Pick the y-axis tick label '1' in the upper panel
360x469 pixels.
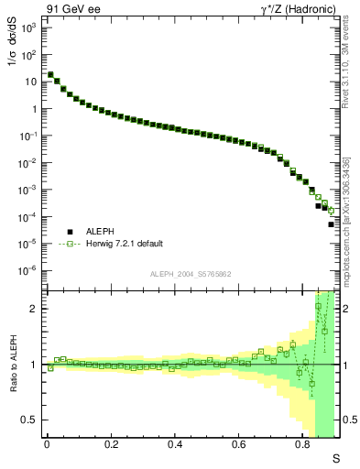[x=33, y=109]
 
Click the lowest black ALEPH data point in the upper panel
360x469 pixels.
[x=331, y=224]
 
